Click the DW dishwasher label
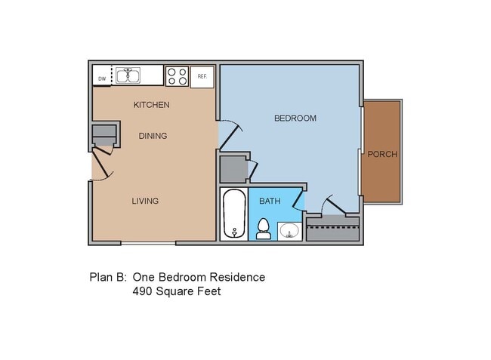tap(101, 77)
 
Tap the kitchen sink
tap(128, 75)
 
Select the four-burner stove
tap(177, 75)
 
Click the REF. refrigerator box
tap(202, 76)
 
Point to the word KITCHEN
tap(151, 105)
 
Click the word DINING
tap(153, 136)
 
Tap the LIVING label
tap(145, 201)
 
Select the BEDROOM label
tap(295, 118)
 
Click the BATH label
tap(270, 202)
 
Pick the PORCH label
tap(381, 155)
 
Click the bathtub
tap(234, 214)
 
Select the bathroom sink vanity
tap(289, 230)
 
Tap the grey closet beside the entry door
tap(104, 134)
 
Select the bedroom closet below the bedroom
tap(333, 229)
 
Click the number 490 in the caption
tap(144, 291)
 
